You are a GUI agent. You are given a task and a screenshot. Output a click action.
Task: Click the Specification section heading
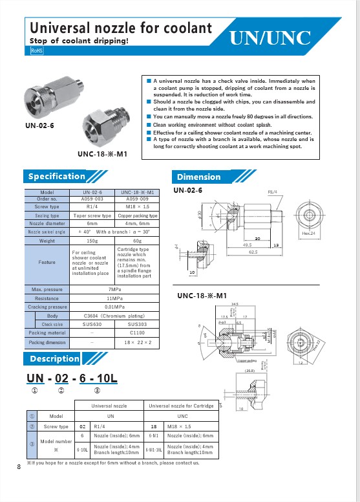click(56, 176)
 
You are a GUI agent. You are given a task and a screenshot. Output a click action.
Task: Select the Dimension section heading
click(198, 177)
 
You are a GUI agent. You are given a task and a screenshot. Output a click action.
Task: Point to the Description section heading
click(54, 358)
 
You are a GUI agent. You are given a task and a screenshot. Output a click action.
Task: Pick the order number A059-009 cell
click(136, 199)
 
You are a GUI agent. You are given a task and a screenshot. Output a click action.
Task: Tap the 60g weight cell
click(136, 240)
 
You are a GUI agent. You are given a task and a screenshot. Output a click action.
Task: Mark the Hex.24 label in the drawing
click(308, 232)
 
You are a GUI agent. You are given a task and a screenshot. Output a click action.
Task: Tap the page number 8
click(19, 466)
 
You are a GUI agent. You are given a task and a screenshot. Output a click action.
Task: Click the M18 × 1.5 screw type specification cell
click(136, 207)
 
